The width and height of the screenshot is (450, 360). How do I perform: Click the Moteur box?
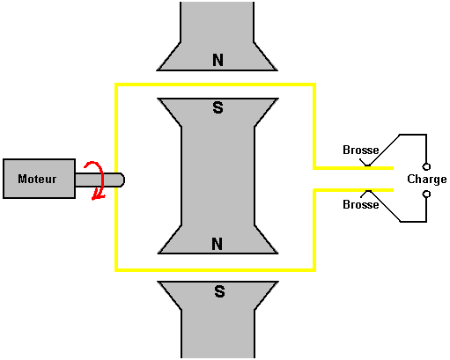[x=39, y=179]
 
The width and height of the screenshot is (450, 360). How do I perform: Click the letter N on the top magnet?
[x=218, y=60]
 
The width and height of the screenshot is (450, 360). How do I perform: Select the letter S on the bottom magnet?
[x=219, y=291]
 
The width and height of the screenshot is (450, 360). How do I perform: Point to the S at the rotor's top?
[x=218, y=107]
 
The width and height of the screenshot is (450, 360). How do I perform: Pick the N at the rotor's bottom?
[x=217, y=244]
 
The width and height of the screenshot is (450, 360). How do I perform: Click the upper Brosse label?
[x=361, y=150]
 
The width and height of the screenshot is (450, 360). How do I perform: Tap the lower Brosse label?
[x=361, y=204]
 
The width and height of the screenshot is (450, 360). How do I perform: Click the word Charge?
[x=427, y=180]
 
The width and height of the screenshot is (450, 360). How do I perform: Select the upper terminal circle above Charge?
[x=426, y=166]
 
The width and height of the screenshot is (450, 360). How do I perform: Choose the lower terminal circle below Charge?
[x=426, y=194]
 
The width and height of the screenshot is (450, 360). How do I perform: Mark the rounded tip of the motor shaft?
[x=122, y=180]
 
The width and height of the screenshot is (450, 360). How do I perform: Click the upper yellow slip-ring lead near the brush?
[x=353, y=168]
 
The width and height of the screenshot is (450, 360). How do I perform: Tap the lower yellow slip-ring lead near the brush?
[x=353, y=190]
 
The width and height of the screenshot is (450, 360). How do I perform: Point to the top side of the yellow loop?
[x=215, y=85]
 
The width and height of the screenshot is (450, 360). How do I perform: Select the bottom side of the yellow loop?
[x=215, y=269]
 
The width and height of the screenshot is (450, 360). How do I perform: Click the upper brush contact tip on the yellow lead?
[x=367, y=165]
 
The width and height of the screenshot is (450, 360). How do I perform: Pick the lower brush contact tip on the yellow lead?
[x=367, y=192]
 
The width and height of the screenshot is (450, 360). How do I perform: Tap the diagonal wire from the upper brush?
[x=384, y=150]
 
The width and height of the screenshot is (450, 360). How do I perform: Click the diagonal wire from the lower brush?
[x=385, y=206]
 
